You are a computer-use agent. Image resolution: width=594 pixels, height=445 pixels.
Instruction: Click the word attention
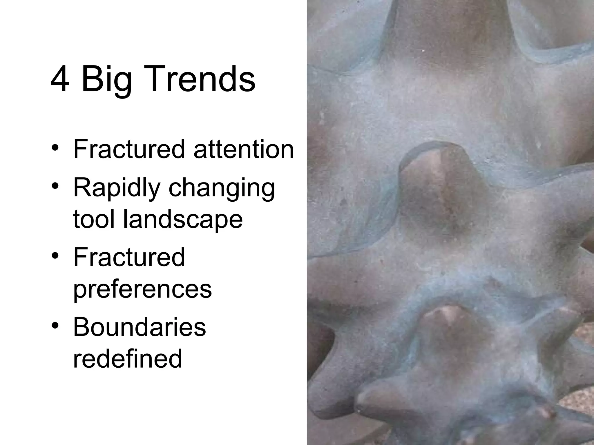[244, 149]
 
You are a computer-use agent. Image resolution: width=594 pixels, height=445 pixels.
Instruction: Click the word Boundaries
[140, 327]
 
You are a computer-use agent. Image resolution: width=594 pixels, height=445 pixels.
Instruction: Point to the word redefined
[128, 358]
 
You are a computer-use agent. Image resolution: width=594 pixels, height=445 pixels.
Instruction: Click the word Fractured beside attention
[129, 149]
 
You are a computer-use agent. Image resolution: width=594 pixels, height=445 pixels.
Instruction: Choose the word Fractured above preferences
[129, 257]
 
